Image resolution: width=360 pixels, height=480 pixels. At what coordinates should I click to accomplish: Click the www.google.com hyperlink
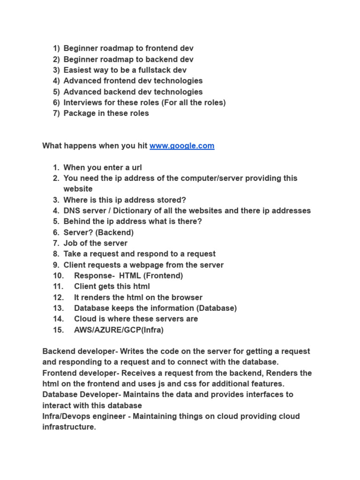tap(182, 146)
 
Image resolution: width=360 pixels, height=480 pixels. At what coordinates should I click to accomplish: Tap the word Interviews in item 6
tap(82, 102)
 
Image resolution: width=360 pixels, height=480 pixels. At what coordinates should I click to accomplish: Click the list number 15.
tap(58, 330)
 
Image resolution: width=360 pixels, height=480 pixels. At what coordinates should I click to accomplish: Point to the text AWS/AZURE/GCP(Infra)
tap(119, 330)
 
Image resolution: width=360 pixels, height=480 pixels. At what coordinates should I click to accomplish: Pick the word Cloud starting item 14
tap(85, 319)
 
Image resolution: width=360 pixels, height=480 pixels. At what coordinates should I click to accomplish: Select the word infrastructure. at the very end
tap(69, 427)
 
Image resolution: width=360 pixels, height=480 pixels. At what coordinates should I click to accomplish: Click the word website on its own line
tap(78, 189)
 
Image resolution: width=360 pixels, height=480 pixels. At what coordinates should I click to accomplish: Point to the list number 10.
tap(58, 276)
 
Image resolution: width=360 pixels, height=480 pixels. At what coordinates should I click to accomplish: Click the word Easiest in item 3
tap(78, 70)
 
